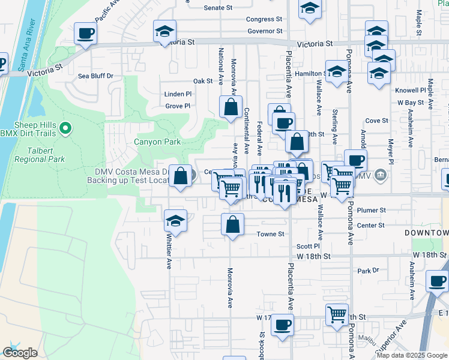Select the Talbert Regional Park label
click(40, 160)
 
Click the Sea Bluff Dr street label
click(96, 76)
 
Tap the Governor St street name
click(265, 31)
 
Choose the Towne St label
click(270, 235)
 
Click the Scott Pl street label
click(308, 246)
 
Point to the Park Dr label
click(365, 271)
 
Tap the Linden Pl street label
click(178, 94)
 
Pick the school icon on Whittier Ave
click(175, 221)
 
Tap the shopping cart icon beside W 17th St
click(337, 313)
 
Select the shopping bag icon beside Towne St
click(232, 224)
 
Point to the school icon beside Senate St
click(310, 8)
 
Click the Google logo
click(19, 353)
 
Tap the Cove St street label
click(377, 121)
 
